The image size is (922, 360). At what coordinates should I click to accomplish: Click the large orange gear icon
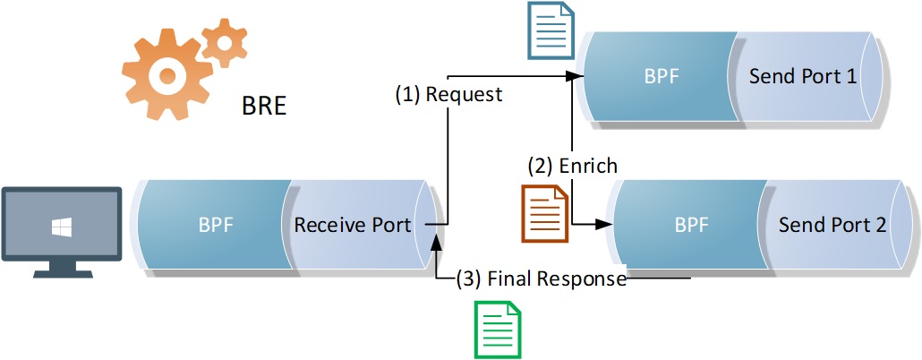(x=166, y=76)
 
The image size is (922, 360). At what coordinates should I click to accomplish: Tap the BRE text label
(x=264, y=107)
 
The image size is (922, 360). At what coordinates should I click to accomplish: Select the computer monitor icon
(x=61, y=228)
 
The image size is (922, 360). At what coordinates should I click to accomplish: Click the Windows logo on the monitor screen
(x=61, y=228)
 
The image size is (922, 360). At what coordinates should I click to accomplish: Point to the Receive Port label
(x=353, y=224)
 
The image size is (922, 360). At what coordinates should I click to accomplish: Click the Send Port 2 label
(x=832, y=224)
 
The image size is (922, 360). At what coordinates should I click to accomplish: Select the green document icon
(x=497, y=328)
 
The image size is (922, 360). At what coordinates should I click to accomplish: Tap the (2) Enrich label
(x=572, y=166)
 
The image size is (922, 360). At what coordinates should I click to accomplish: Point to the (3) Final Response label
(x=541, y=279)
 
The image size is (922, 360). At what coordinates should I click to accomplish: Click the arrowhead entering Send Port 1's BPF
(x=576, y=77)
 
